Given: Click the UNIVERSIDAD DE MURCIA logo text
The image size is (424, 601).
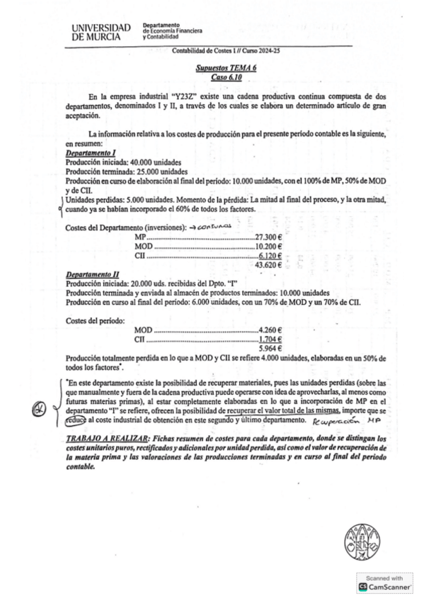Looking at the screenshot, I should tap(101, 31).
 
